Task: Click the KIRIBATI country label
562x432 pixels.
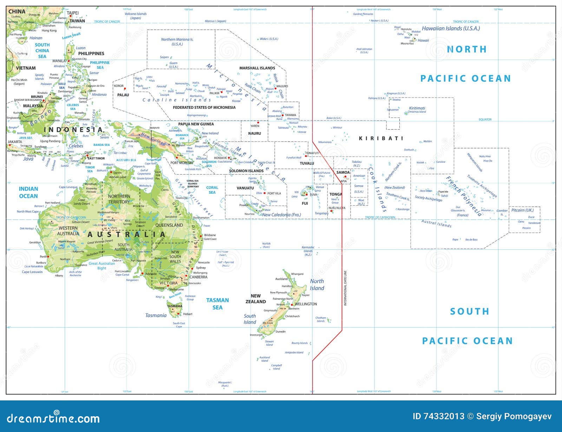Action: (381, 138)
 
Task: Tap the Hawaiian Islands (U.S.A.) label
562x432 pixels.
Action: (451, 28)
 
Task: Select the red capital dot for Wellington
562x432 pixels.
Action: (292, 305)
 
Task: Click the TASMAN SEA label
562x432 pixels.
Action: (217, 304)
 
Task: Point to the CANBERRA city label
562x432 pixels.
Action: (198, 277)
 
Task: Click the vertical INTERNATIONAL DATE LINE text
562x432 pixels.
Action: (345, 288)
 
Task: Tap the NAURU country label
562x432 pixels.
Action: (254, 133)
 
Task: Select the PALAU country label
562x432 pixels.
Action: (123, 95)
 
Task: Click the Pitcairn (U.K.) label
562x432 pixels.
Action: (522, 210)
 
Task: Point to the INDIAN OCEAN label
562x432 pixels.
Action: (28, 192)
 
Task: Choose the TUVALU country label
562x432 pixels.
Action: (307, 163)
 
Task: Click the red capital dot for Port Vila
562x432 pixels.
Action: (264, 193)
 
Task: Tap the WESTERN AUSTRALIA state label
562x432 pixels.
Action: (68, 231)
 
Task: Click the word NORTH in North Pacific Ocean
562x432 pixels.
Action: (466, 49)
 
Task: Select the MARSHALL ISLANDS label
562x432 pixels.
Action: (257, 68)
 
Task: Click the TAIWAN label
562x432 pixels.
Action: (77, 21)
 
